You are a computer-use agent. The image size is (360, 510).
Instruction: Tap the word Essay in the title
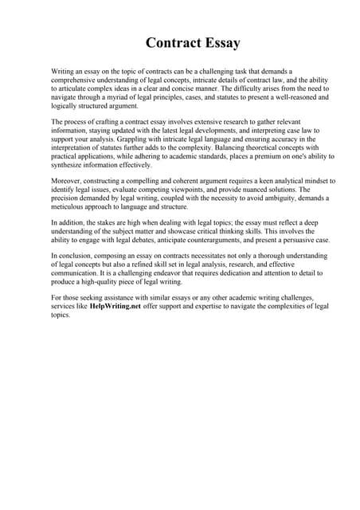tap(219, 42)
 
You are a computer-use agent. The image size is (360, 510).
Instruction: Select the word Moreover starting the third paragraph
tap(66, 182)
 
